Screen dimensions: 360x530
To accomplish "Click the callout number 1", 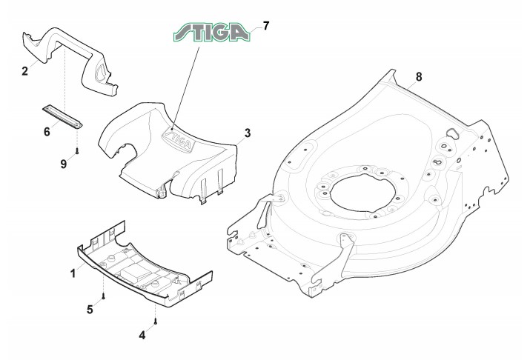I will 73,273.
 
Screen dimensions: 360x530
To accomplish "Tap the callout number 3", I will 248,133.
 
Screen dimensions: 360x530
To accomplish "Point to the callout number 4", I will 142,335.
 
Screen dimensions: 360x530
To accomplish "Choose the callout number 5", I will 90,308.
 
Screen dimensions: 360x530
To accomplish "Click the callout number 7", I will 265,25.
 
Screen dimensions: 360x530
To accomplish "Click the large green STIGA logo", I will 211,33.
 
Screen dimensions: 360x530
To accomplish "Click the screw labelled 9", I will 77,150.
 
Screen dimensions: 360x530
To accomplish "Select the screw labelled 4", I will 156,321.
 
